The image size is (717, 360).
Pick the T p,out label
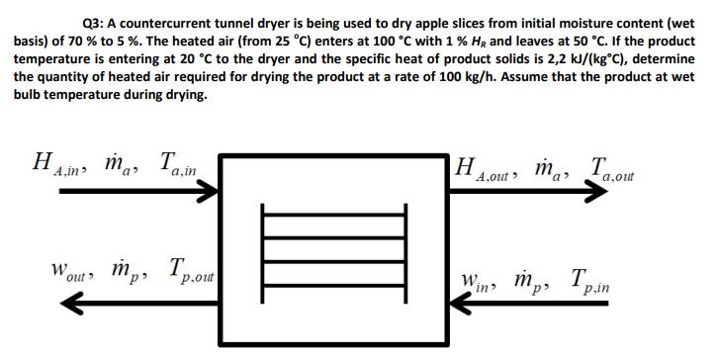point(181,272)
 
